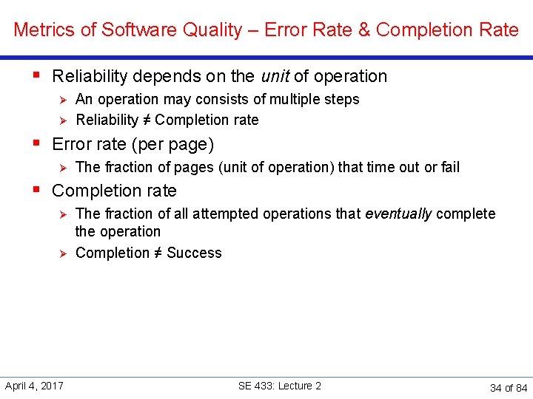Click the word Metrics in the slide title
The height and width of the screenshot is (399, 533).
click(x=38, y=30)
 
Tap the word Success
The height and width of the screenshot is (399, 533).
click(x=194, y=253)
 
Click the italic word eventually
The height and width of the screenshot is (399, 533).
click(x=398, y=214)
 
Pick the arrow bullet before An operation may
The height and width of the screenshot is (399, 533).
click(x=63, y=99)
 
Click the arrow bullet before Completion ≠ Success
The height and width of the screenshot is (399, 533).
click(x=63, y=253)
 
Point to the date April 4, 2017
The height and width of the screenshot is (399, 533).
click(x=34, y=386)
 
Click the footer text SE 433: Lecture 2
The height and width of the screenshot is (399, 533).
click(x=280, y=386)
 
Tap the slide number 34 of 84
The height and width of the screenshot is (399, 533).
click(x=509, y=388)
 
